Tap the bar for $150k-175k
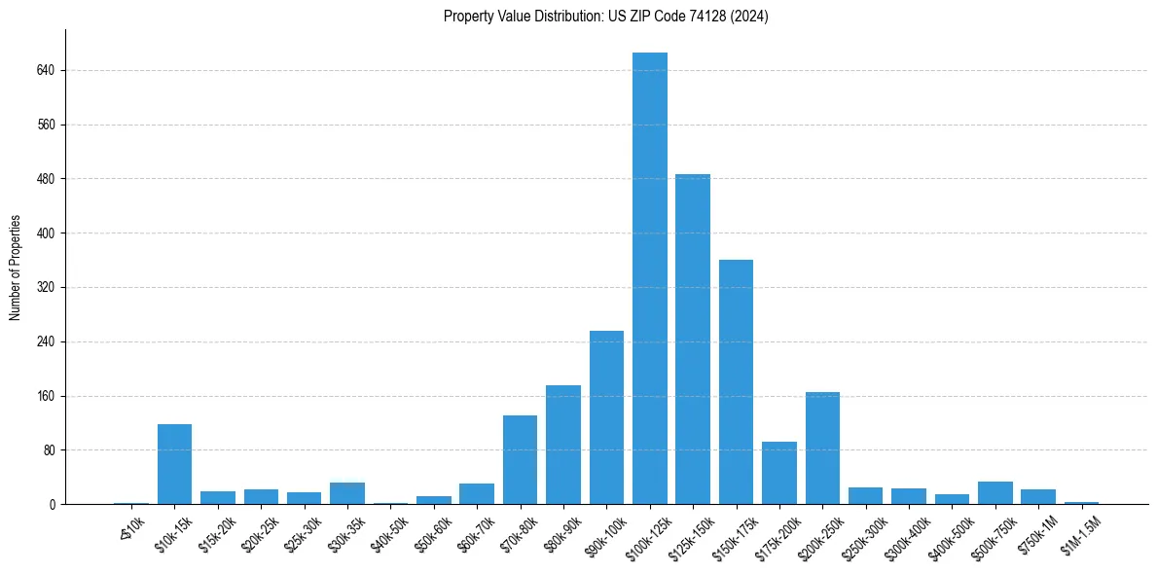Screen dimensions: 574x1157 pos(736,381)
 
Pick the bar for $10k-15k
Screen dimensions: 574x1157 pos(174,464)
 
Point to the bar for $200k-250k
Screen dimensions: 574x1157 pos(822,448)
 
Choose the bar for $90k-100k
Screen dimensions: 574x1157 pos(606,417)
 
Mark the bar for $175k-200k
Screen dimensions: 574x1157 pos(779,473)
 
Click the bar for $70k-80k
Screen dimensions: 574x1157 pos(520,459)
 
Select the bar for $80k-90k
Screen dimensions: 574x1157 pos(563,445)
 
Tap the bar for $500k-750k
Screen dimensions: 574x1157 pos(994,493)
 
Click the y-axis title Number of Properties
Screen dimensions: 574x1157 pos(16,268)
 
